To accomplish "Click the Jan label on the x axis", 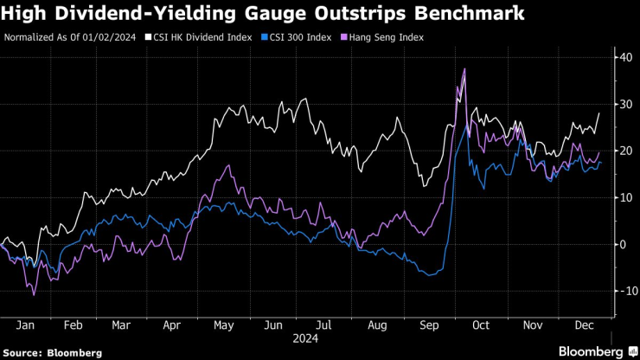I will (24, 325).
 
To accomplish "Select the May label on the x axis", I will (224, 325).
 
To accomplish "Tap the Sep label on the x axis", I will (429, 325).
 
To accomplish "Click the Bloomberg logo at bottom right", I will (596, 351).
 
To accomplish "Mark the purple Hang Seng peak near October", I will (465, 68).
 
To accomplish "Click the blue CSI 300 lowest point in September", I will (430, 275).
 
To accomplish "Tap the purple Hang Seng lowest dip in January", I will (35, 295).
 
